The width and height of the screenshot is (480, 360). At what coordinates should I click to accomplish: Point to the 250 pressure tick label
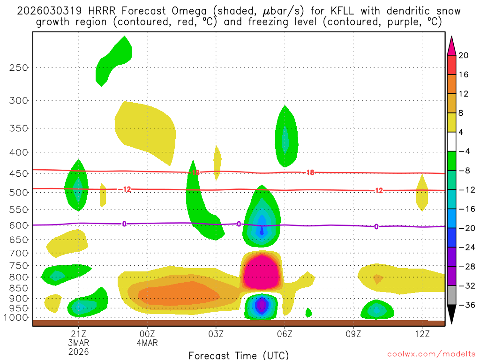[x=19, y=67]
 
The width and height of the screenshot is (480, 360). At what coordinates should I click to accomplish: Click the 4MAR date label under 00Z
[x=147, y=342]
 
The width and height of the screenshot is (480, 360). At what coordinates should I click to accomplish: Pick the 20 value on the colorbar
[x=464, y=55]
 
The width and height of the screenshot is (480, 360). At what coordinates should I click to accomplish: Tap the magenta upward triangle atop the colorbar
[x=451, y=45]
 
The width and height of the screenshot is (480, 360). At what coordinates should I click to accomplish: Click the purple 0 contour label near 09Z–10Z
[x=376, y=227]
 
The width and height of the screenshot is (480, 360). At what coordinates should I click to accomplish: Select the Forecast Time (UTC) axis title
[x=239, y=354]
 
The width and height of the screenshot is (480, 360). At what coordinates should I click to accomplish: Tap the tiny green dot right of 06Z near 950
[x=308, y=312]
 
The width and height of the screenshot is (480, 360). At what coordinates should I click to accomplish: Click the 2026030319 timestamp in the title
[x=45, y=11]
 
